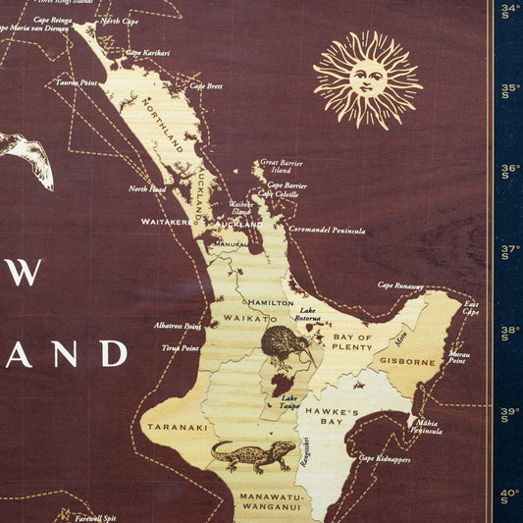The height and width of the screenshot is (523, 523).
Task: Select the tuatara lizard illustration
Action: (253, 454)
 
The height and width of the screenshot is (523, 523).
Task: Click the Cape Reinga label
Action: (51, 20)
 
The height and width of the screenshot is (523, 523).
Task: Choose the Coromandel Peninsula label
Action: (327, 231)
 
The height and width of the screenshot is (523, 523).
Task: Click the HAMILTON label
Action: (270, 303)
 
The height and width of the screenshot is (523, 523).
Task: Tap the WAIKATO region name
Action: (246, 320)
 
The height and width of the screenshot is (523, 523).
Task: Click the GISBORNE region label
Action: (407, 362)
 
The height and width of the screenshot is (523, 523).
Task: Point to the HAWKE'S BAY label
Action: (331, 417)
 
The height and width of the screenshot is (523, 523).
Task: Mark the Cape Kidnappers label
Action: (384, 458)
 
